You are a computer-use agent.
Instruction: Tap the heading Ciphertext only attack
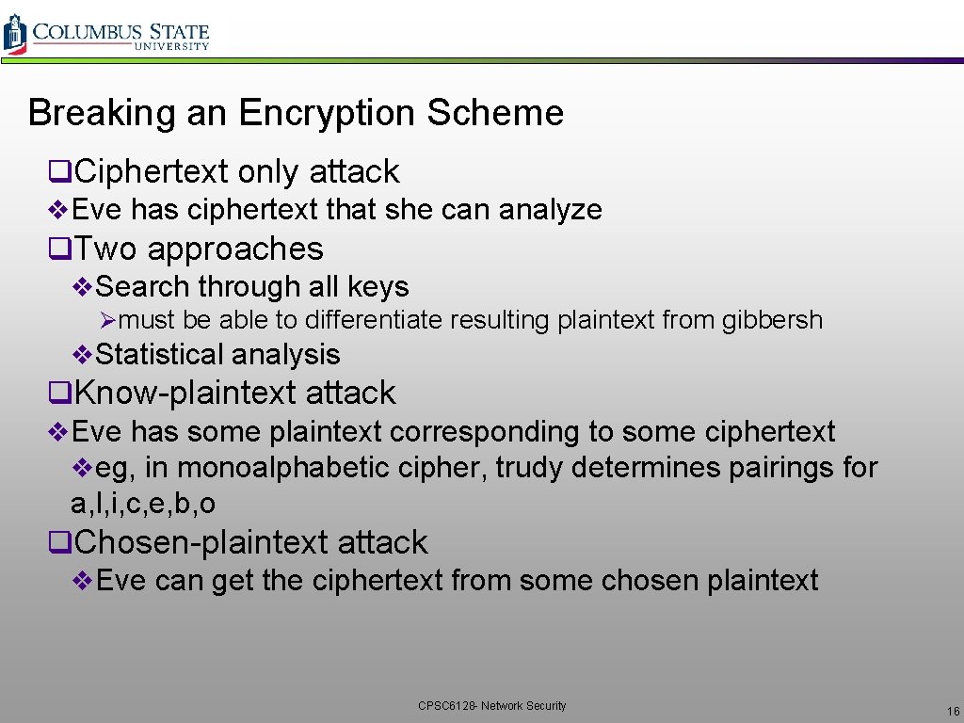click(235, 171)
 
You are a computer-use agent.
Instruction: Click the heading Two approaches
click(198, 249)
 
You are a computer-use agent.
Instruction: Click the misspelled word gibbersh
click(772, 320)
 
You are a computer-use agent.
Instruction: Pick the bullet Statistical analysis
click(217, 355)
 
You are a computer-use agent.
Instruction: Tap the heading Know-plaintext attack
click(234, 393)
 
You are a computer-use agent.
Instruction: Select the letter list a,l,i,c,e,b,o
click(143, 505)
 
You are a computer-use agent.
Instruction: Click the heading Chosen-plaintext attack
click(250, 542)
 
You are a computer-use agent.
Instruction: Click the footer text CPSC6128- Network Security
click(492, 705)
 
